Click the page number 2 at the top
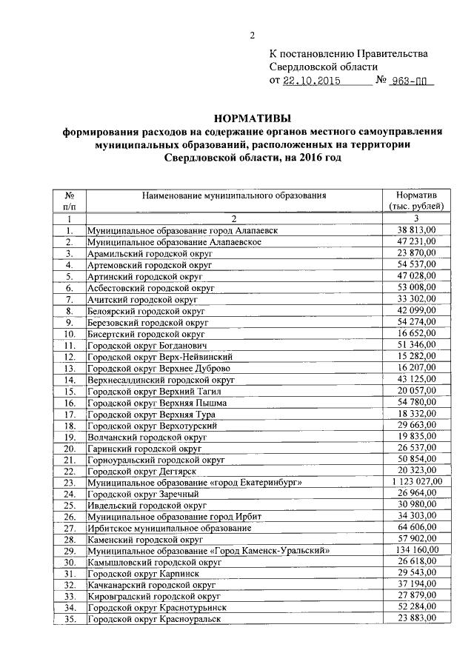(x=252, y=35)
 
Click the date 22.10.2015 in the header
(x=311, y=81)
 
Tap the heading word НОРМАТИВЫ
(x=252, y=118)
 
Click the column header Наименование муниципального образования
(x=234, y=195)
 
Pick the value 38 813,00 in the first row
(x=417, y=230)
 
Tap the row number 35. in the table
(x=69, y=617)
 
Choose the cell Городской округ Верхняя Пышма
(x=157, y=403)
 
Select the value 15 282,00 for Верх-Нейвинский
(x=417, y=357)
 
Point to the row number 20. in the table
(x=69, y=448)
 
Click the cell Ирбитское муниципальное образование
(x=169, y=528)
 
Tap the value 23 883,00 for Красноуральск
(x=417, y=617)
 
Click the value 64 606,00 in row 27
(x=417, y=528)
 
